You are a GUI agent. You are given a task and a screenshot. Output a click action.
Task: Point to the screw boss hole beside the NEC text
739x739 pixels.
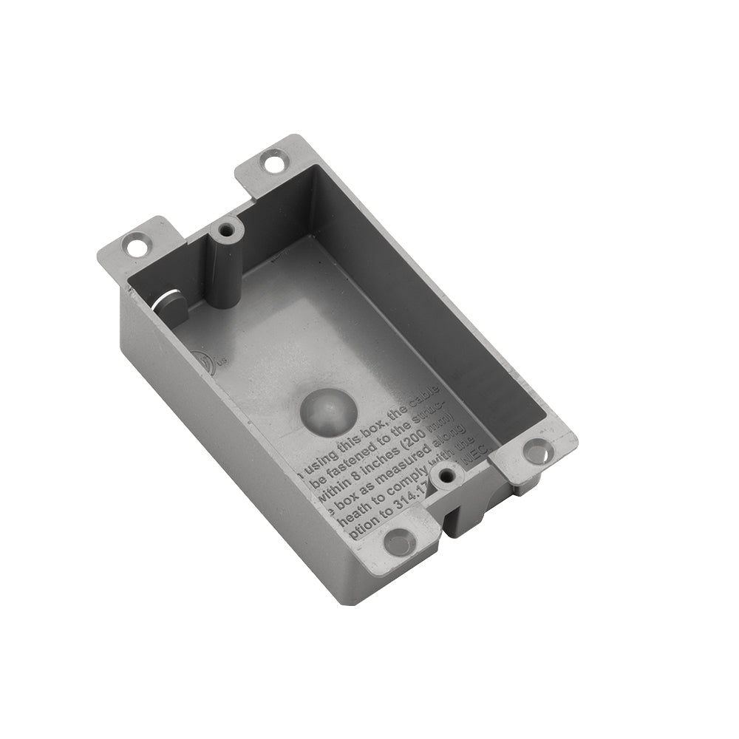(444, 477)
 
